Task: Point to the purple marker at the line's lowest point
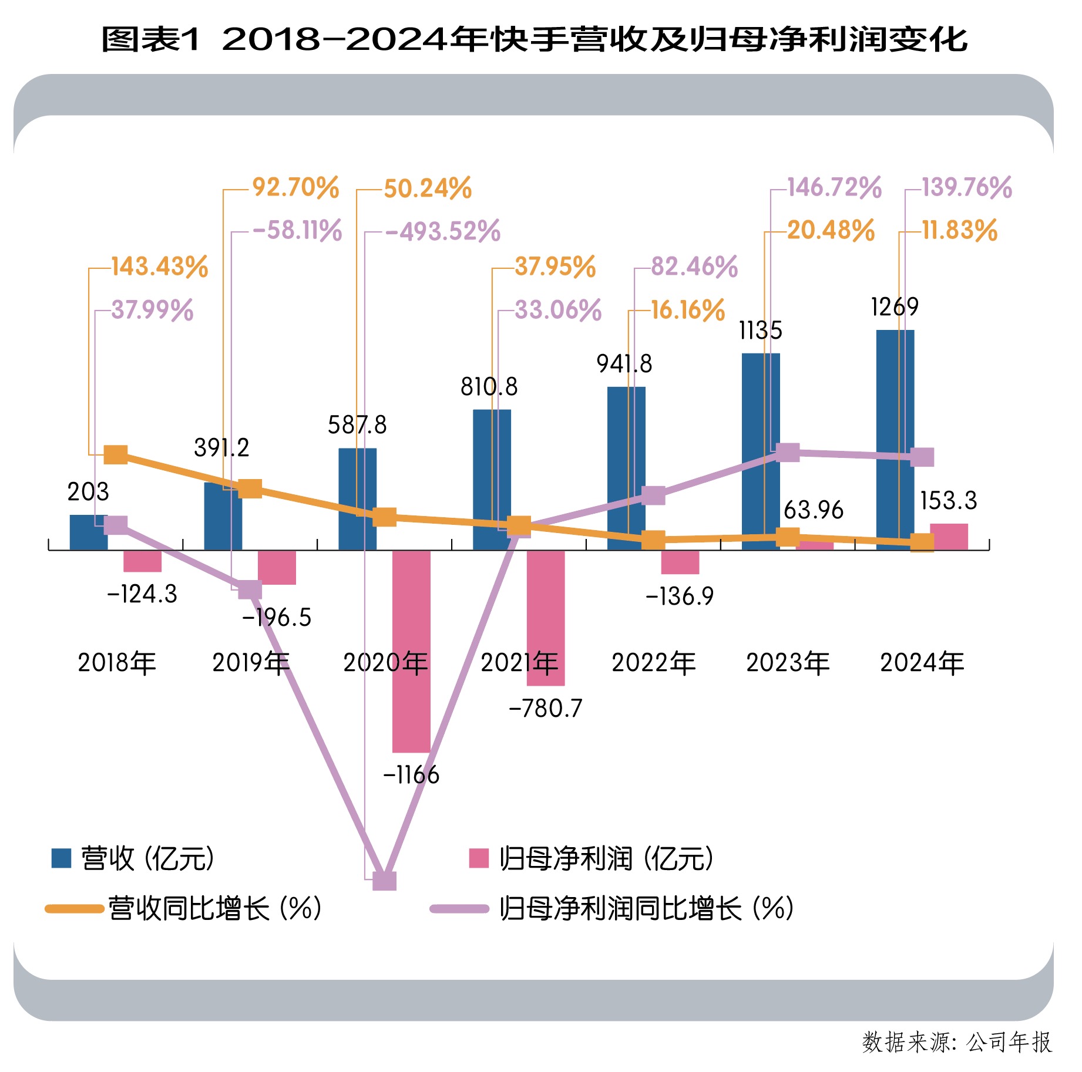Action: point(385,881)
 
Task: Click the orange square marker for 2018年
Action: point(116,454)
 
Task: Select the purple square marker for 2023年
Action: point(788,453)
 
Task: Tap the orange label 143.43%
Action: point(160,267)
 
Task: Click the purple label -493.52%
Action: point(443,231)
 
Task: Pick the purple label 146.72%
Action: point(834,188)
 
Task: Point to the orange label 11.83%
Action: point(959,230)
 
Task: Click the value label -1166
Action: point(411,775)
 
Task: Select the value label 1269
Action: point(895,306)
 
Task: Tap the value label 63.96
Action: point(814,510)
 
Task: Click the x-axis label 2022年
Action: point(654,663)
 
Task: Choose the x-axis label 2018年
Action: point(117,663)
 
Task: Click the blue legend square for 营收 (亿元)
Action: point(61,858)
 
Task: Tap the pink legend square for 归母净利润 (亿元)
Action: point(479,858)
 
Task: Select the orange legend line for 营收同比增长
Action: point(75,909)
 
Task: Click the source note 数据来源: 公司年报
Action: point(957,1042)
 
